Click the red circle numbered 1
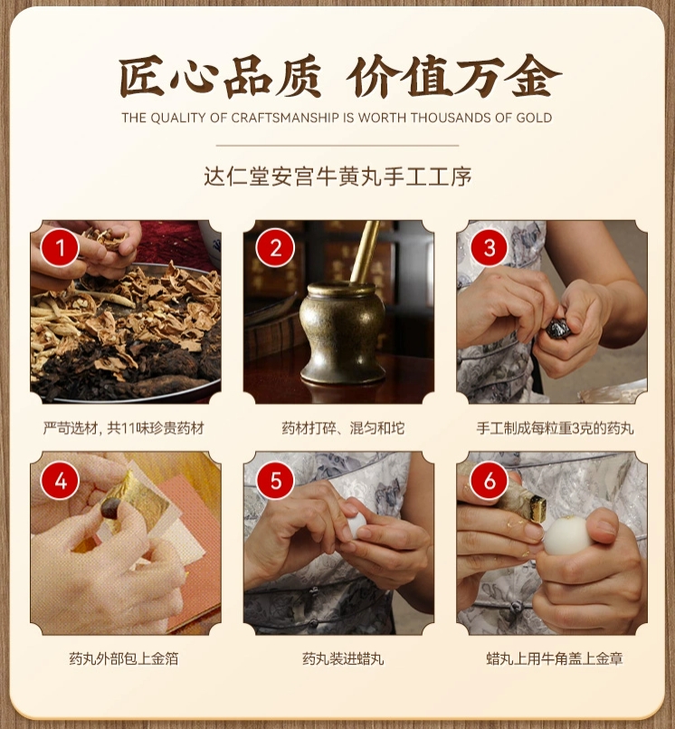60,248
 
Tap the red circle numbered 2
275,248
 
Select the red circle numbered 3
490,248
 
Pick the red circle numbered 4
60,480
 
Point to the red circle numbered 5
275,480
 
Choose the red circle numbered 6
490,480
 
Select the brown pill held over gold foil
110,508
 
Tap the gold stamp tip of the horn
537,509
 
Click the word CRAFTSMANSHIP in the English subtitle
285,118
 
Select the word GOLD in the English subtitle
534,118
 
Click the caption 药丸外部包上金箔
124,658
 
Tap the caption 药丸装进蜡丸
343,658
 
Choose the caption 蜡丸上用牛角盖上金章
555,658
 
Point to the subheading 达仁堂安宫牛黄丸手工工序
337,177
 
